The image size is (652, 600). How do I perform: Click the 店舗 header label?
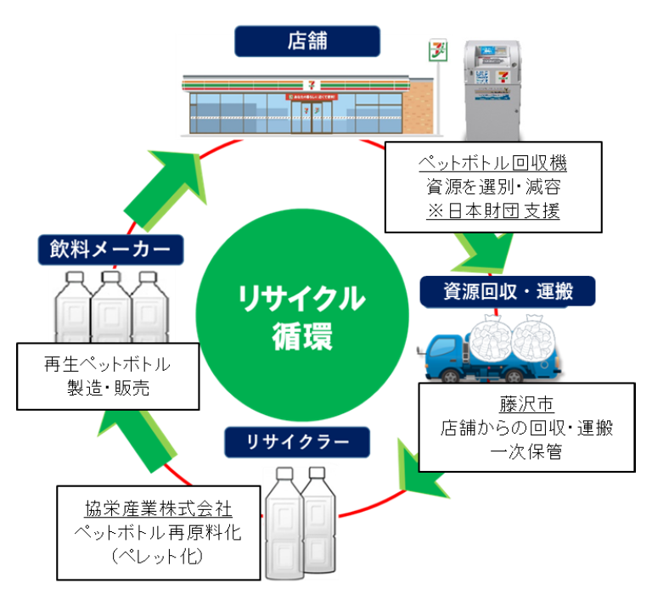pyautogui.click(x=306, y=40)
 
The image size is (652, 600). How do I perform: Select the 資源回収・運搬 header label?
pyautogui.click(x=508, y=293)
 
